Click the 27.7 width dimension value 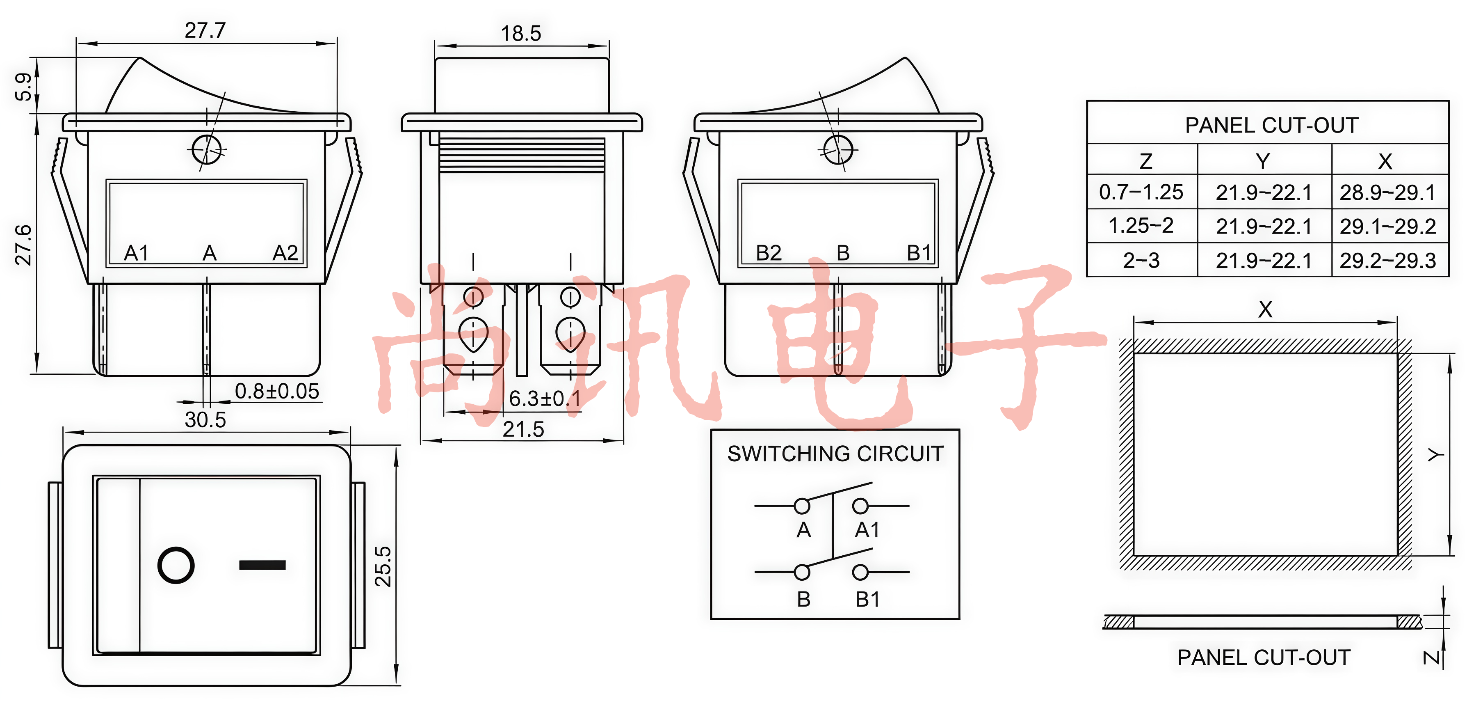tap(205, 30)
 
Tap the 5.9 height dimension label tap(23, 87)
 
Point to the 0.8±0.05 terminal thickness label tap(277, 391)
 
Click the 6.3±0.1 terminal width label tap(545, 399)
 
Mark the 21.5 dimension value tap(523, 429)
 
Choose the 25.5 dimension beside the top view tap(383, 566)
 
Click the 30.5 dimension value tap(205, 420)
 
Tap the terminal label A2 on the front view tap(285, 253)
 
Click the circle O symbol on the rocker tap(176, 566)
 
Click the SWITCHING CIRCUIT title tap(835, 454)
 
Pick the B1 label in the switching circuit tap(867, 600)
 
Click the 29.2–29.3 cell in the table tap(1387, 261)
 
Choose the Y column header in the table tap(1262, 161)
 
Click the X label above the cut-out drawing tap(1265, 309)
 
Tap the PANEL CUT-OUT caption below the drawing tap(1264, 657)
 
